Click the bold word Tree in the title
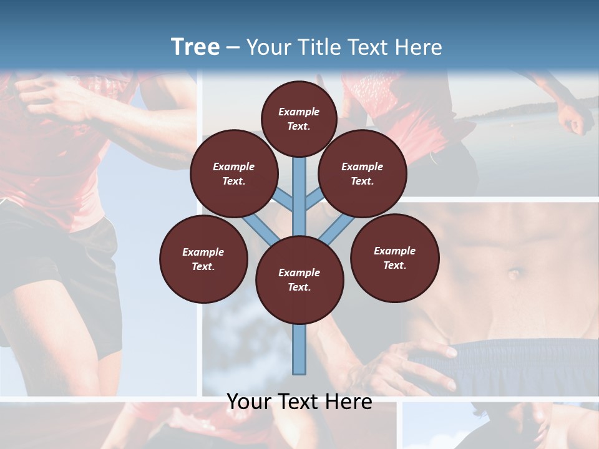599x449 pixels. coord(195,47)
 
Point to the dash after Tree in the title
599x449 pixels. coord(233,48)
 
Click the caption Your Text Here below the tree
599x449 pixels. coord(299,402)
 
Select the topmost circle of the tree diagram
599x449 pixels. coord(299,118)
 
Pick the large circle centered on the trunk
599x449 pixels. coord(299,280)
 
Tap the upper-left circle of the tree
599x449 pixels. coord(234,173)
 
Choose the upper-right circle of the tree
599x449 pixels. coord(363,173)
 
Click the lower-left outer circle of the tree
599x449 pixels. coord(203,259)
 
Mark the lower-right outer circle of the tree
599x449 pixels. coord(394,258)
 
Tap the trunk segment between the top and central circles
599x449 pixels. coord(299,187)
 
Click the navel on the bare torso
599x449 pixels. coord(514,273)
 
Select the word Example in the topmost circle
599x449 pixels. coord(299,112)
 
